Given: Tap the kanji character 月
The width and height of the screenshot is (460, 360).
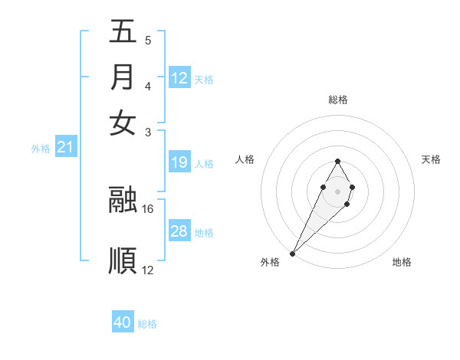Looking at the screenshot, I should click(123, 77).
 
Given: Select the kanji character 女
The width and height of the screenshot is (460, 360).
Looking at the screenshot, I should click(123, 122).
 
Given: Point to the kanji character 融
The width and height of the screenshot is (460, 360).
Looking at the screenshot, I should click(123, 199).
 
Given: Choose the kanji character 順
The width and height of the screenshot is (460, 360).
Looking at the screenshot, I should click(123, 260).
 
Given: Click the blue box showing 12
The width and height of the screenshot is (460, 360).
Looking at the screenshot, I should click(179, 78).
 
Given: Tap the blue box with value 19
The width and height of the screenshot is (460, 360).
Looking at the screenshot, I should click(179, 162).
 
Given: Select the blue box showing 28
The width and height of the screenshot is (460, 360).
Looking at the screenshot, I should click(179, 231).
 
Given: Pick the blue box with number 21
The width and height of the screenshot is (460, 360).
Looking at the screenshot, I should click(64, 147).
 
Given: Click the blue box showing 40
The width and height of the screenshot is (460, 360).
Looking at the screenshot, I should click(123, 322).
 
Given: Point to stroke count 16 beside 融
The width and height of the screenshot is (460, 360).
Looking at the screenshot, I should click(148, 208).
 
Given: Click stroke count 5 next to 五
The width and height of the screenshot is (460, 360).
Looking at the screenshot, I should click(147, 40).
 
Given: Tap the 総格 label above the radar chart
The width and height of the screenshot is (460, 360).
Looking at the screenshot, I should click(337, 100).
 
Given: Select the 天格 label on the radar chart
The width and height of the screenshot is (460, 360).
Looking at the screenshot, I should click(431, 159).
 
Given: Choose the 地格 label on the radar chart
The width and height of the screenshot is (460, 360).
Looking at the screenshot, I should click(402, 262).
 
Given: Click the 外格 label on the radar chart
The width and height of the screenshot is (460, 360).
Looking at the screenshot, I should click(270, 262).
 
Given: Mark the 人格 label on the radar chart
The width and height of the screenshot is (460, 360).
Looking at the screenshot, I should click(245, 159).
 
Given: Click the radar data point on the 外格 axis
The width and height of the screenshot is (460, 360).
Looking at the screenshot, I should click(293, 253).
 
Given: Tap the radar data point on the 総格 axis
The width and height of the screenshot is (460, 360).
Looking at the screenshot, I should click(337, 162).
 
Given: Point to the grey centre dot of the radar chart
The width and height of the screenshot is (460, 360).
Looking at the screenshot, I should click(337, 190).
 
